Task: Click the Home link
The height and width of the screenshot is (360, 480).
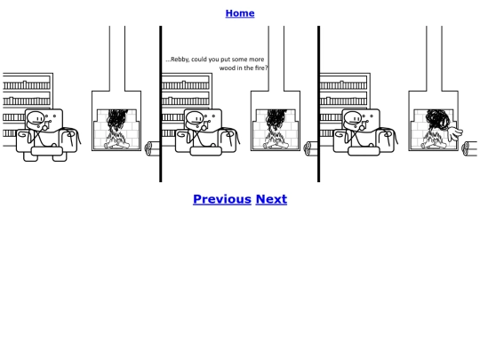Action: click(x=240, y=13)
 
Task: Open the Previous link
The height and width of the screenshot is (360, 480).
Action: click(x=222, y=199)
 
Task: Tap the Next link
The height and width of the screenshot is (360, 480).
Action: click(x=271, y=199)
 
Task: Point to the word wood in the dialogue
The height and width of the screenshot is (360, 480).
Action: click(x=227, y=68)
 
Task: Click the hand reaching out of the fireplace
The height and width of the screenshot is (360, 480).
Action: click(x=455, y=133)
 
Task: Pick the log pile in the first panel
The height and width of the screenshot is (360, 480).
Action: click(x=152, y=148)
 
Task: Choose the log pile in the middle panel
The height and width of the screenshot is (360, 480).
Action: click(x=310, y=148)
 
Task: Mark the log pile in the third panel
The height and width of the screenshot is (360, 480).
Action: click(x=469, y=148)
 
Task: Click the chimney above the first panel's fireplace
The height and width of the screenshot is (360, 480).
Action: click(x=117, y=59)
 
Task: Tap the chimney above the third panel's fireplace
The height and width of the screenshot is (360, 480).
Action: click(x=434, y=59)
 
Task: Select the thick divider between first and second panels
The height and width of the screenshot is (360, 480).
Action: click(x=160, y=104)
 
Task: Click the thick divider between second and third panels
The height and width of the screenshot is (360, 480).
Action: click(x=319, y=104)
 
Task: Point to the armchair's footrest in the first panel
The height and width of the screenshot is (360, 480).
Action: click(x=47, y=151)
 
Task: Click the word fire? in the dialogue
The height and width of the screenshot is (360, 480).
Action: click(x=261, y=68)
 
